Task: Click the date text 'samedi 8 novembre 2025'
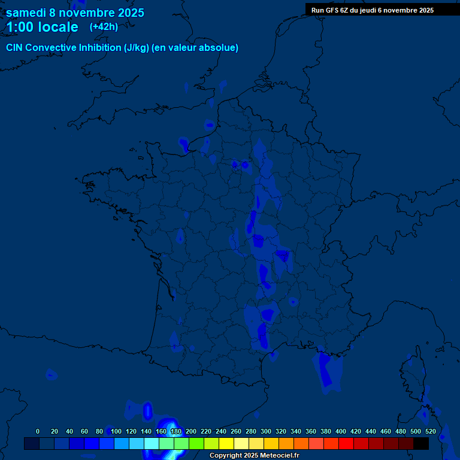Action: pyautogui.click(x=75, y=13)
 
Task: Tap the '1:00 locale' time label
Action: pyautogui.click(x=42, y=27)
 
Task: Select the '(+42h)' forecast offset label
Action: pyautogui.click(x=104, y=26)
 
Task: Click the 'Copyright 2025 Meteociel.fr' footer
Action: pyautogui.click(x=254, y=455)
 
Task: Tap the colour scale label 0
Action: pyautogui.click(x=38, y=431)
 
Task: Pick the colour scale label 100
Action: pyautogui.click(x=116, y=431)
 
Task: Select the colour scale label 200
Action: pyautogui.click(x=191, y=431)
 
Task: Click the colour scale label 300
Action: pyautogui.click(x=266, y=431)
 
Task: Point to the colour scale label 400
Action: pyautogui.click(x=341, y=431)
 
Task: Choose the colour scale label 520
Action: pyautogui.click(x=430, y=431)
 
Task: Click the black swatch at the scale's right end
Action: pyautogui.click(x=421, y=443)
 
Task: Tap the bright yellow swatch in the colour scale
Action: pyautogui.click(x=226, y=443)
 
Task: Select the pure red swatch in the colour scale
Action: pyautogui.click(x=346, y=443)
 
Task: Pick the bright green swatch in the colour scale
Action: pyautogui.click(x=196, y=443)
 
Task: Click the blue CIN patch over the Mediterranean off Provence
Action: pyautogui.click(x=326, y=368)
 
